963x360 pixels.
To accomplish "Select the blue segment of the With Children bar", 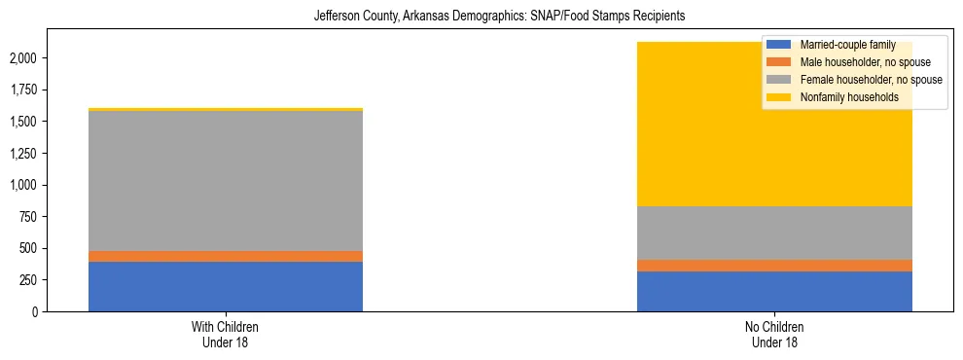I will click(226, 287).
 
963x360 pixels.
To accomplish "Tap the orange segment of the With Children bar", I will click(226, 256).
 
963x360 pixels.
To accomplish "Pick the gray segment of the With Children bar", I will click(226, 181).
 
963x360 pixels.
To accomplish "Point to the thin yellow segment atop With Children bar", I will click(226, 109).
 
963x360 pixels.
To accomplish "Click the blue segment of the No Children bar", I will click(774, 292).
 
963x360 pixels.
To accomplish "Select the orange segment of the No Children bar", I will click(774, 266).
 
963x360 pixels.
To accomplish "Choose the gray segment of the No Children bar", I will click(774, 233).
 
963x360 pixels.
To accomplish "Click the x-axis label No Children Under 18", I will click(774, 334).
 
